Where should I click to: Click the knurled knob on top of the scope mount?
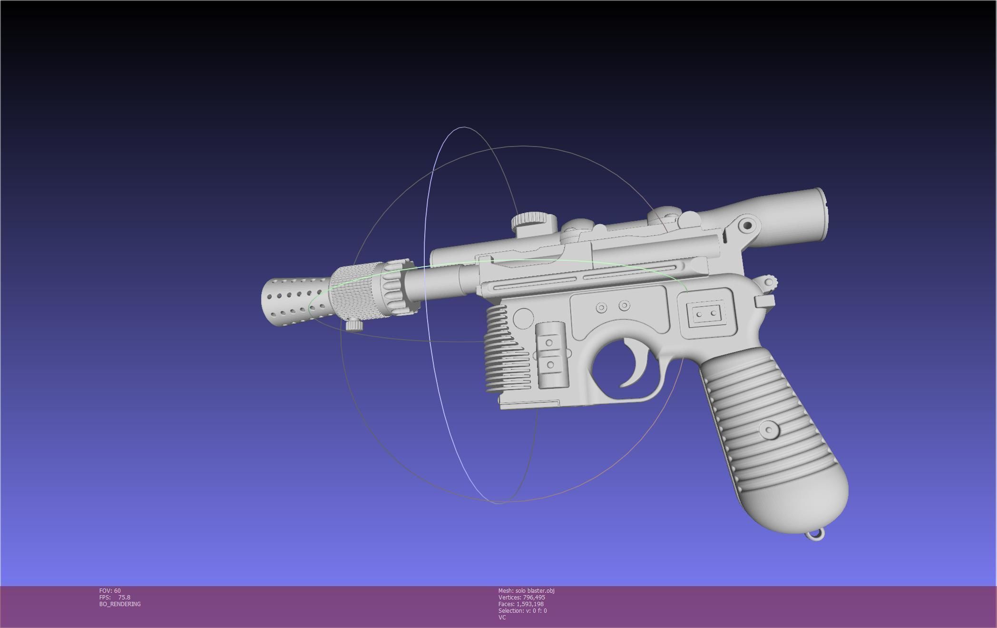click(534, 220)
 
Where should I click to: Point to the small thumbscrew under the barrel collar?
click(354, 325)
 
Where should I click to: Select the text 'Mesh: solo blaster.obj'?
click(526, 591)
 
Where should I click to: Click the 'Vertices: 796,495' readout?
click(521, 598)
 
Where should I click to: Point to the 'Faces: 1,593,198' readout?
click(521, 604)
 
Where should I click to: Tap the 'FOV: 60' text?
click(110, 591)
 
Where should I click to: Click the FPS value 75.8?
click(124, 598)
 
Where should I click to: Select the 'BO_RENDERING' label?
click(120, 604)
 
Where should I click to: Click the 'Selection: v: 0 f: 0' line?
click(522, 611)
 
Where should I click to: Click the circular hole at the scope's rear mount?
click(747, 225)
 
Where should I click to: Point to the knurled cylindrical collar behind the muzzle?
click(354, 293)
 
